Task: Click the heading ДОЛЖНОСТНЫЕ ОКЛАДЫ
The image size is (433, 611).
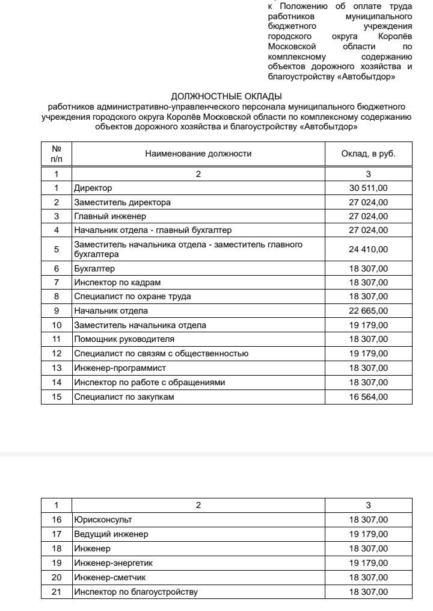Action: click(226, 96)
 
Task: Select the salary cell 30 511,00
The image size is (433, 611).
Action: click(368, 188)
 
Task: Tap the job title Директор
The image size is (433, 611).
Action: click(93, 188)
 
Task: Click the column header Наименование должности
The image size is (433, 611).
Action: click(198, 154)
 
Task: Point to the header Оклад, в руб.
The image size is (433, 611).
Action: click(368, 154)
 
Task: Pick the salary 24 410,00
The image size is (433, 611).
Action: click(368, 249)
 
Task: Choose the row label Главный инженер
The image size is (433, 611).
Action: click(110, 216)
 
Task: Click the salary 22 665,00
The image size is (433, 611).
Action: click(368, 311)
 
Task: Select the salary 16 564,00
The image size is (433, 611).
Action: click(368, 397)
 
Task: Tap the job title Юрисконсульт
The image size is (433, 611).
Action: click(103, 520)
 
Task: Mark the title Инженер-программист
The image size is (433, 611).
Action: click(120, 368)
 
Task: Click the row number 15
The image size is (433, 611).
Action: click(57, 397)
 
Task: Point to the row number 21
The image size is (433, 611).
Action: click(57, 592)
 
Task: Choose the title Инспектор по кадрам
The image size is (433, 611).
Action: click(117, 282)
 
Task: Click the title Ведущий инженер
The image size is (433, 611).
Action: click(111, 534)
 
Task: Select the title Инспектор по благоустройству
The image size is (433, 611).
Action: click(135, 592)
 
